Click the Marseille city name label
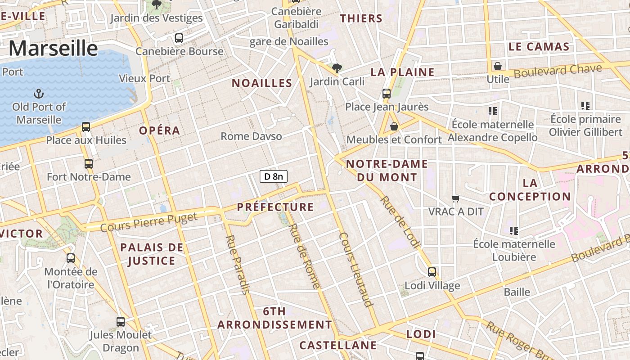(53, 48)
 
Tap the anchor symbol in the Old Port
(39, 94)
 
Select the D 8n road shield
(274, 176)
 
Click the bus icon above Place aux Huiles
(86, 127)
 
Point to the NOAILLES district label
(262, 83)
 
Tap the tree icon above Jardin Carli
(337, 68)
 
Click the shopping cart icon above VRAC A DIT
(456, 198)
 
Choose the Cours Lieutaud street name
(357, 270)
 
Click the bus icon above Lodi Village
(432, 272)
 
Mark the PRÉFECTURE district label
(275, 207)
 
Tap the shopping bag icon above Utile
(498, 66)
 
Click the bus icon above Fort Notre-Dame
(89, 164)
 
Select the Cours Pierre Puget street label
(148, 222)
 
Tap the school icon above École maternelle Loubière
(513, 231)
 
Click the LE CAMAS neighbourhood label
(539, 47)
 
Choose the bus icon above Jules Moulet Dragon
(121, 322)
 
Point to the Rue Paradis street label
(237, 265)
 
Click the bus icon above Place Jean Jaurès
(387, 94)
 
